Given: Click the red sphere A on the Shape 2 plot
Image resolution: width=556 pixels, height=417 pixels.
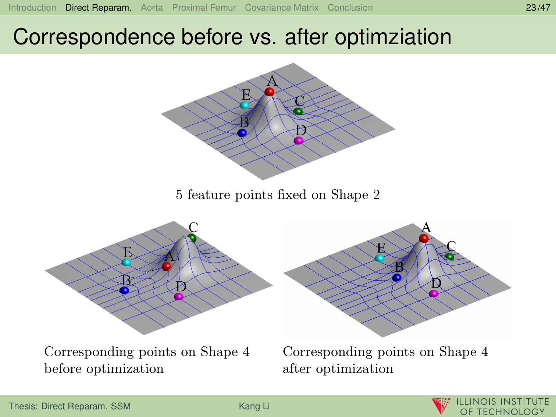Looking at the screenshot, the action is tap(269, 92).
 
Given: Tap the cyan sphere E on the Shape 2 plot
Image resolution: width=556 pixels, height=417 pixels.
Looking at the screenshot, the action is tap(245, 105).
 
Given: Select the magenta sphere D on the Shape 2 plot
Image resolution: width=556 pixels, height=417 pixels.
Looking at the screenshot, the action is tap(299, 140).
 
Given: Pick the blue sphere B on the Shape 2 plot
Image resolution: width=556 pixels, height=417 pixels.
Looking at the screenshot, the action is tap(242, 133).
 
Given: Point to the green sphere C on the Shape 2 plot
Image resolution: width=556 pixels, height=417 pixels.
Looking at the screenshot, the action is tap(298, 111).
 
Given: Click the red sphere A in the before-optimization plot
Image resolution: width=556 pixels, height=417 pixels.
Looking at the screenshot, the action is tap(167, 266).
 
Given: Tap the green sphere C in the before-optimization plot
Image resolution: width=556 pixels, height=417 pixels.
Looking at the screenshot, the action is tap(192, 238).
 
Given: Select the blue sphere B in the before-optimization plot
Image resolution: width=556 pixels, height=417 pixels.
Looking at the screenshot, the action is tap(124, 290).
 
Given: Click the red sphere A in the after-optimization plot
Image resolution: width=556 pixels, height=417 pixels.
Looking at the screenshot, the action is tap(424, 239).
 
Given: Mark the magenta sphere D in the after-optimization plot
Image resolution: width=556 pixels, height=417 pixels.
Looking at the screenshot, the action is tap(434, 294).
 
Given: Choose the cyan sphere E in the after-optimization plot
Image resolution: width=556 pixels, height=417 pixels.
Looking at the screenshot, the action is tap(379, 258).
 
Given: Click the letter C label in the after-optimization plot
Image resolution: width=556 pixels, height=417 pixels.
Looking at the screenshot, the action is tap(452, 246).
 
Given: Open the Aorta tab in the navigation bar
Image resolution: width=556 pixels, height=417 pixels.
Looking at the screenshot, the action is tap(152, 8).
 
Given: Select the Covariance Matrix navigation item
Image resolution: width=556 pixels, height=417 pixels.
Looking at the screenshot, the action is tap(282, 8).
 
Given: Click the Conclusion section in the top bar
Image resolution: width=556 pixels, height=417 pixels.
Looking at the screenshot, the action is tap(350, 8).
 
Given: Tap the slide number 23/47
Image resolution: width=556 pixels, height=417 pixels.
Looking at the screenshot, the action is tap(538, 8).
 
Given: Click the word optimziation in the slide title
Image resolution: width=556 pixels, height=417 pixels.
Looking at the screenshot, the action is tap(393, 37).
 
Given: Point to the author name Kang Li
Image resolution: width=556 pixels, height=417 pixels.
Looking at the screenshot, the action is tap(254, 406).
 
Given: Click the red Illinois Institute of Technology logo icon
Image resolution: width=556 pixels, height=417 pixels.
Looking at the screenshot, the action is tap(441, 406).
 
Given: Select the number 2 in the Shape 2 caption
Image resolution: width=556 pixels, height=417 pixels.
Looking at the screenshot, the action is tap(377, 195).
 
